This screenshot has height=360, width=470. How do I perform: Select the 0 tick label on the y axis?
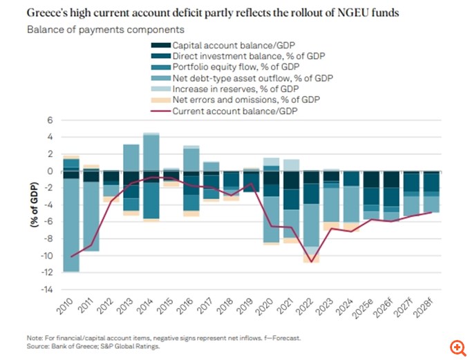(x=49, y=171)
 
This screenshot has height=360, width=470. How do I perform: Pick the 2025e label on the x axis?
(x=370, y=307)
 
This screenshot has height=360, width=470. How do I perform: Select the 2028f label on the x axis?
(x=431, y=307)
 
